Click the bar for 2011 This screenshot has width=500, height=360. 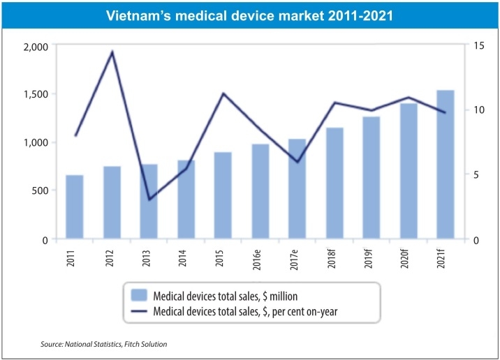(75, 207)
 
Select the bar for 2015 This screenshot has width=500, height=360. (223, 195)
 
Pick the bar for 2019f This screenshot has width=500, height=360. (371, 178)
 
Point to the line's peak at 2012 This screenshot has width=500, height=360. (112, 52)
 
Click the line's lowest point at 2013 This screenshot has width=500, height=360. (149, 200)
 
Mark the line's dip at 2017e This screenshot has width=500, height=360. (297, 162)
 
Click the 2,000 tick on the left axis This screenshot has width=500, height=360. (35, 47)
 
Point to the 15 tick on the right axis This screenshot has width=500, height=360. (478, 46)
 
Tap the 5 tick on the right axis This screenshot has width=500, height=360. (475, 175)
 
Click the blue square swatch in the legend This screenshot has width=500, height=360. (138, 293)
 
